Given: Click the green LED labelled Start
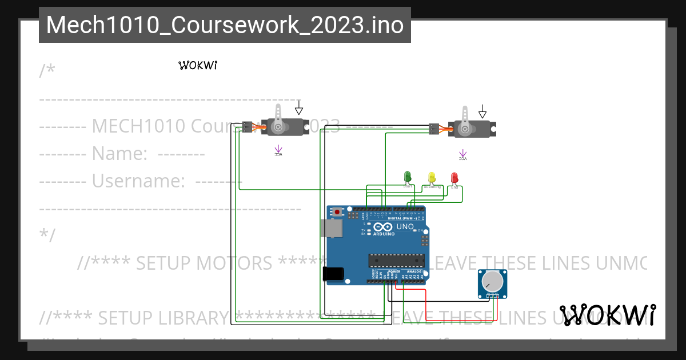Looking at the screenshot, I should pyautogui.click(x=408, y=177).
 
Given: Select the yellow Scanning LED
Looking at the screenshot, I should pyautogui.click(x=432, y=178).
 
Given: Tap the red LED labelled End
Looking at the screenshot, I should pyautogui.click(x=454, y=178).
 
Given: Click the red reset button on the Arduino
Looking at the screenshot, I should pyautogui.click(x=337, y=212).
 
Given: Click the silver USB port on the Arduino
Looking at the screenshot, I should pyautogui.click(x=332, y=228).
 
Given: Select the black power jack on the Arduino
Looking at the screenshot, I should pyautogui.click(x=333, y=274).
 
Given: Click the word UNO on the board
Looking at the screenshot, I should pyautogui.click(x=405, y=227).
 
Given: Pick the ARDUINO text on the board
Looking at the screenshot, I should pyautogui.click(x=384, y=234).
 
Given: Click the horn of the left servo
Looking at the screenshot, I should pyautogui.click(x=278, y=117).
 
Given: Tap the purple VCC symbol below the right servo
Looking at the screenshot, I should pyautogui.click(x=463, y=154).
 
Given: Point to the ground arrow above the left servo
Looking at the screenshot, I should pyautogui.click(x=298, y=108).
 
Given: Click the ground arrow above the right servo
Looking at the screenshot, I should pyautogui.click(x=483, y=110).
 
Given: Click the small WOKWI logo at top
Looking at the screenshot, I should pyautogui.click(x=198, y=65).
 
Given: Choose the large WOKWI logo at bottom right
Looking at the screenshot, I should pyautogui.click(x=608, y=315).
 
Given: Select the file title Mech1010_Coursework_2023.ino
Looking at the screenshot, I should pyautogui.click(x=225, y=25).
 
